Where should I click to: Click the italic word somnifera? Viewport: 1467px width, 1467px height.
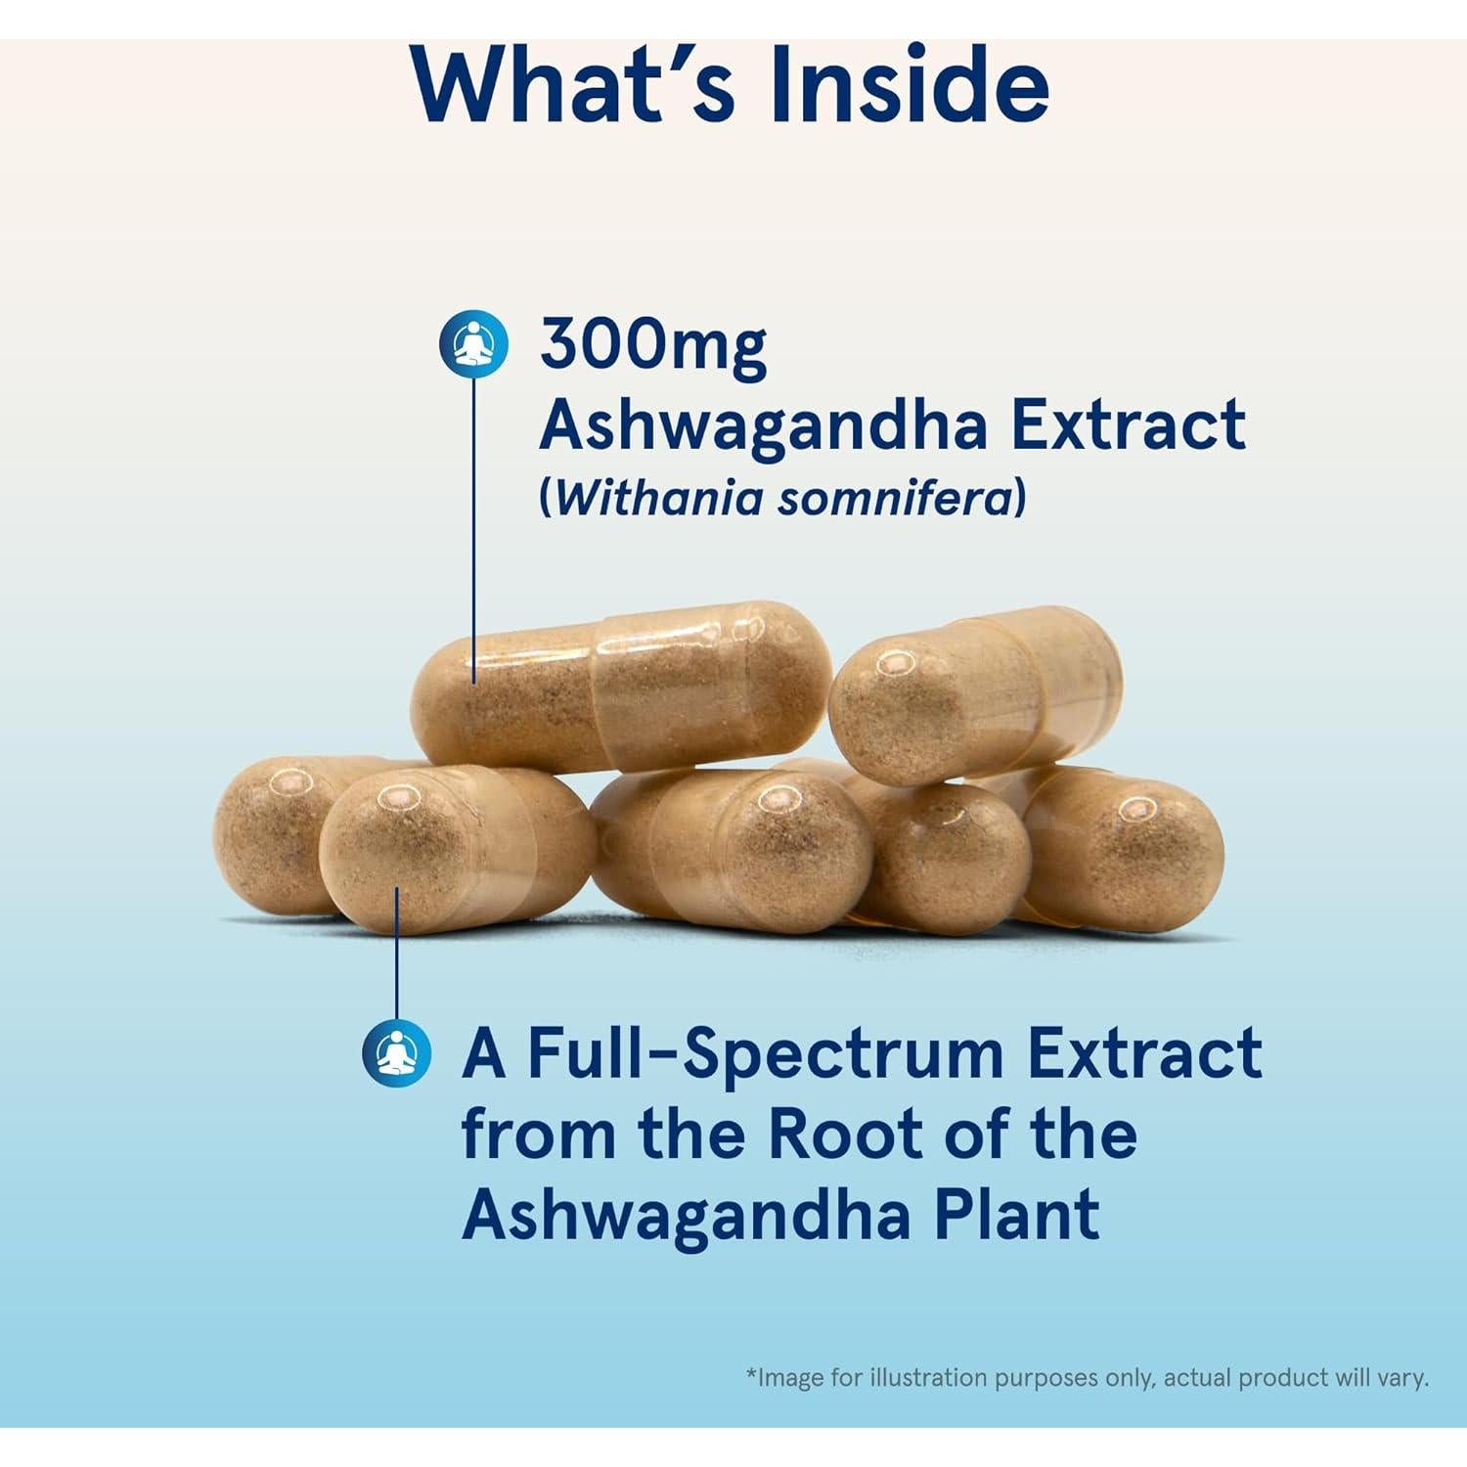click(x=894, y=498)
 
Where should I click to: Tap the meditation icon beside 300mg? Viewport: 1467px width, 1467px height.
click(x=473, y=344)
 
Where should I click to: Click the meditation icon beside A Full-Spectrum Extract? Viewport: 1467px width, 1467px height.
click(x=396, y=1052)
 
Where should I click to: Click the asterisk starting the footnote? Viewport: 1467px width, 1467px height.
click(x=751, y=1376)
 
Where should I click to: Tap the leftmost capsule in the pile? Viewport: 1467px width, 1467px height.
click(x=264, y=831)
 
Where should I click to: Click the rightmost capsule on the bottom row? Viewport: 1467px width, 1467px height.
click(x=1125, y=846)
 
